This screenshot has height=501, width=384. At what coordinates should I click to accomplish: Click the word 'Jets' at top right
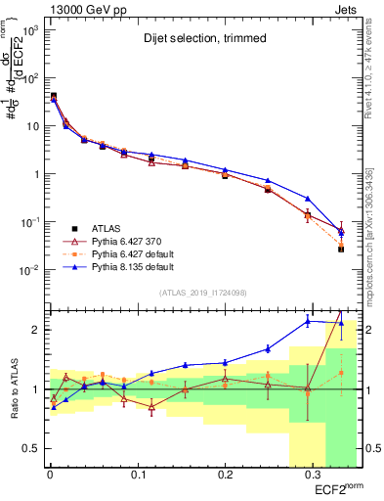[x=348, y=9]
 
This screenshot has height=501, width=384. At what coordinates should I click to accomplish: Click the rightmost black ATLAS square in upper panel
[x=341, y=250]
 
